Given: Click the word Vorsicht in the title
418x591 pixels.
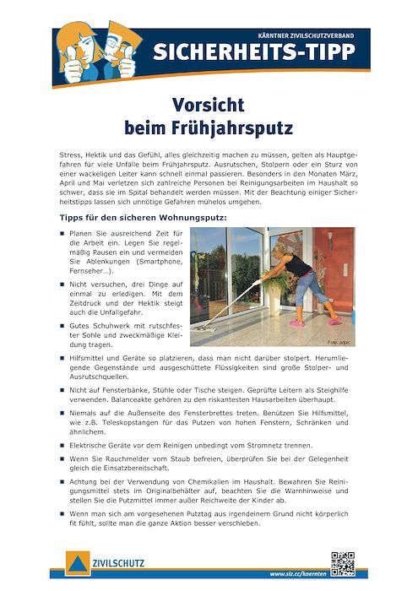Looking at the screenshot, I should pos(209,106).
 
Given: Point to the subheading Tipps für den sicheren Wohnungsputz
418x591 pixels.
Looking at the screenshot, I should pos(144,218).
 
